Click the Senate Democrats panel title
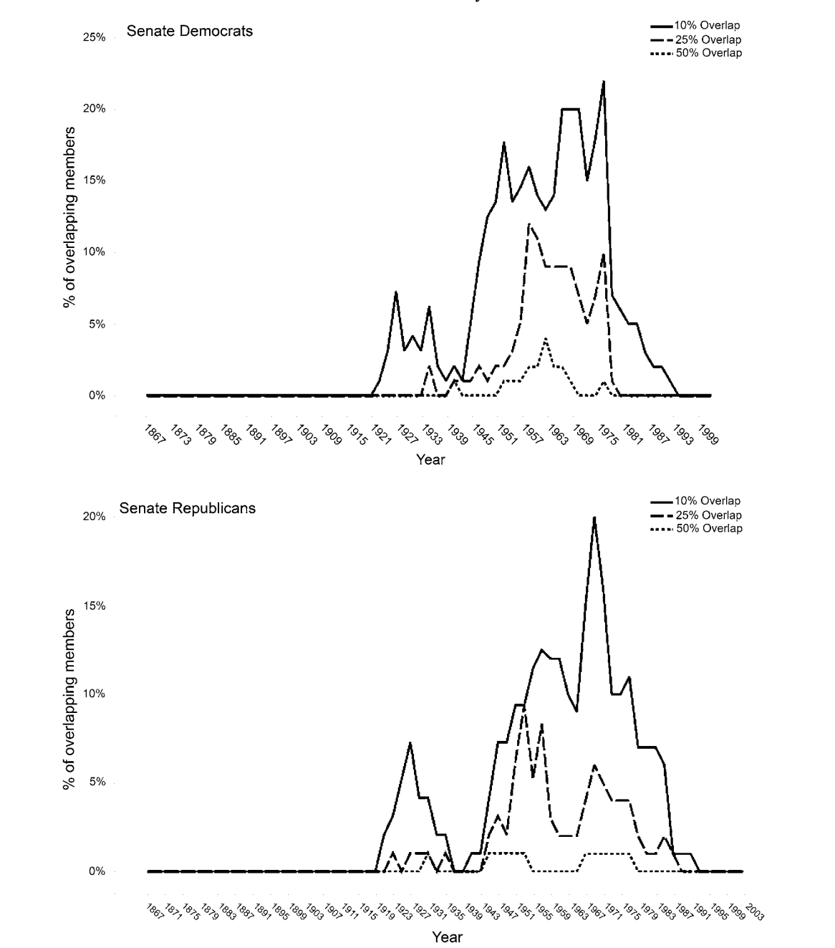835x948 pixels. (189, 31)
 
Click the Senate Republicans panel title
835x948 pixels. (187, 508)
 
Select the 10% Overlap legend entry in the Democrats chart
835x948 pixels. (706, 26)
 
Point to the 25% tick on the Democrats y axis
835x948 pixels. (94, 37)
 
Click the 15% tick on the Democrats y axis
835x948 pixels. (94, 181)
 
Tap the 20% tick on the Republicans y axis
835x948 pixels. (94, 517)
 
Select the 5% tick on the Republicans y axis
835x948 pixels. (97, 782)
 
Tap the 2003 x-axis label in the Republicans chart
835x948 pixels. (754, 911)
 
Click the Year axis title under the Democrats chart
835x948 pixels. (430, 459)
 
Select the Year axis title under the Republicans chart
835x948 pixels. (447, 937)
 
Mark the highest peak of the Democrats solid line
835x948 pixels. (604, 82)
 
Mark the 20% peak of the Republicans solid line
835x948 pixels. (594, 517)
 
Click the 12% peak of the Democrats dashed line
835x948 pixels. (528, 224)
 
